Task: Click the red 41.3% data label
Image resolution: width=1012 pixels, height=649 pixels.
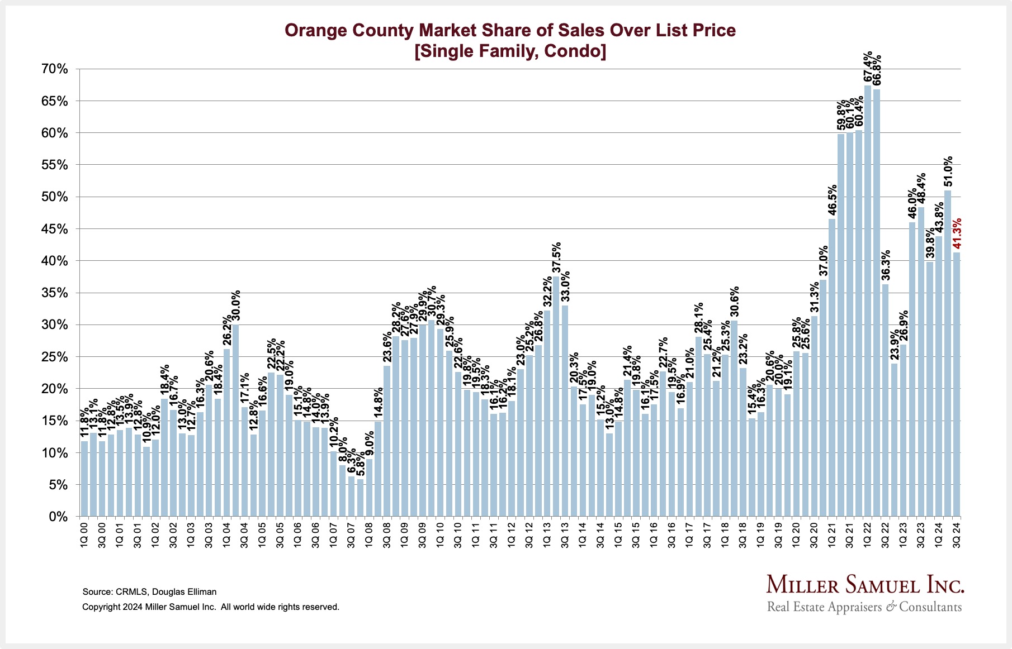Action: tap(957, 234)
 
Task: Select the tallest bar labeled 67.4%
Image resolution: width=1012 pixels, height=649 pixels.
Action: tap(868, 302)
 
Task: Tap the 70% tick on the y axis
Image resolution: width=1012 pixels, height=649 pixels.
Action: tap(54, 69)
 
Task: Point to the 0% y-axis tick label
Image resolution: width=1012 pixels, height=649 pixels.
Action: tap(58, 517)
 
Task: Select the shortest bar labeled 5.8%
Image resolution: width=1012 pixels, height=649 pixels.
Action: tap(361, 497)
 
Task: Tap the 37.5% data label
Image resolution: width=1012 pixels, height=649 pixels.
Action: tap(556, 258)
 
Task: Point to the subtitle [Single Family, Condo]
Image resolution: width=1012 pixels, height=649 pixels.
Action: tap(510, 51)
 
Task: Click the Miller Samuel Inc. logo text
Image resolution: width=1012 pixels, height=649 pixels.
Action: tap(865, 585)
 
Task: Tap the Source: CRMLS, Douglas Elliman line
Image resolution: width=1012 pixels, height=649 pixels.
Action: tap(149, 591)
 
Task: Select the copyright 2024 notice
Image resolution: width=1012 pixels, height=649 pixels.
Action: tap(211, 607)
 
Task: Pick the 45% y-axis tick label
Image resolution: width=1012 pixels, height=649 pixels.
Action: tap(54, 229)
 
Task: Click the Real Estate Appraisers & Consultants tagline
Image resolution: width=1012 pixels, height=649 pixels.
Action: tap(864, 607)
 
